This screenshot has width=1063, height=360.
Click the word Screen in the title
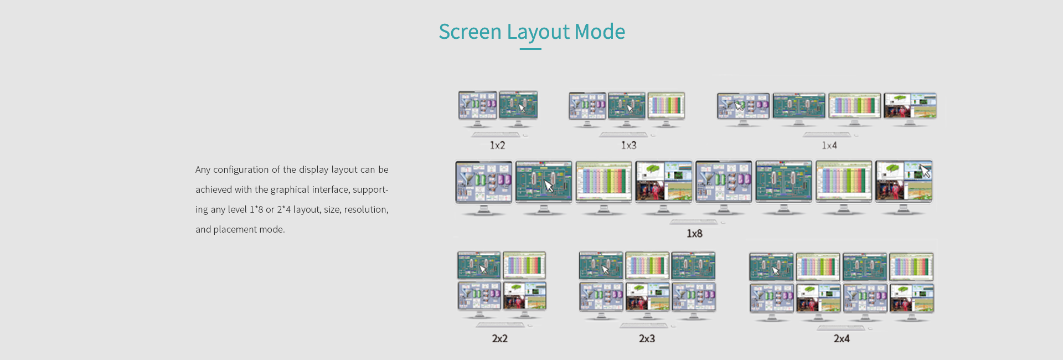469,32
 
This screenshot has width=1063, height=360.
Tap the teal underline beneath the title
530,49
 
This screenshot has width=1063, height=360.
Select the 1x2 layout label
497,145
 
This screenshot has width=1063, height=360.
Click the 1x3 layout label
628,145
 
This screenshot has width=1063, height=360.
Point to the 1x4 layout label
829,145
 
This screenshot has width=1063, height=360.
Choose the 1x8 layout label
694,234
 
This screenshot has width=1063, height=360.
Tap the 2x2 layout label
499,338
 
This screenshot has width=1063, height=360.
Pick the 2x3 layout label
647,338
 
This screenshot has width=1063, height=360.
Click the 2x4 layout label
842,338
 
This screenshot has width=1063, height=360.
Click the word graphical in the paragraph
290,189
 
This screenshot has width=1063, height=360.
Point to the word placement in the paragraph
234,229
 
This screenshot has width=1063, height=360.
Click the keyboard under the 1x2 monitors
496,134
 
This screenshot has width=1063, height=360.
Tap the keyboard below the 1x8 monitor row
694,222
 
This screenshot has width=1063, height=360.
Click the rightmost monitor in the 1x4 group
910,106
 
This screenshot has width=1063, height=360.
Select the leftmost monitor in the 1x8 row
483,182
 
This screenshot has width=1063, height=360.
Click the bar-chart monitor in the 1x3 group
666,105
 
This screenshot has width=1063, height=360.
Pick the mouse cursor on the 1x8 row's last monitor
925,171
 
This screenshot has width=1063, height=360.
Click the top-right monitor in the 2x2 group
524,265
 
